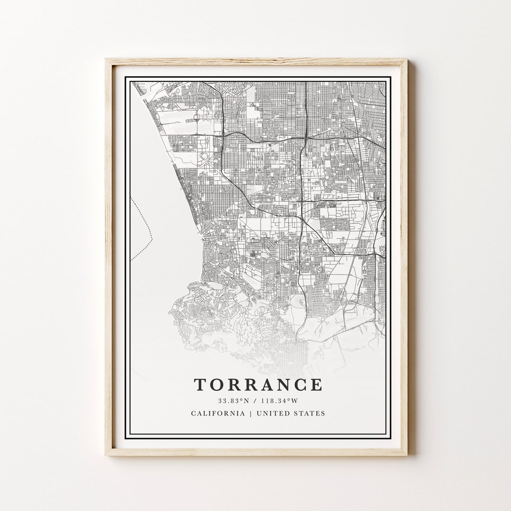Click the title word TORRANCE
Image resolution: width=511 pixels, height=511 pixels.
click(258, 385)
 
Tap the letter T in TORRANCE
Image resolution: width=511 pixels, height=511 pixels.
click(200, 385)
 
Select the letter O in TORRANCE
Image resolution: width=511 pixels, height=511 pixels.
click(217, 385)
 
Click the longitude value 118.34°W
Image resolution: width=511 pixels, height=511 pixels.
click(279, 401)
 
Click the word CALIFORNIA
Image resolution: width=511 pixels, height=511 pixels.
click(218, 413)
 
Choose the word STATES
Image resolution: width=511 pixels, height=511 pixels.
click(311, 413)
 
